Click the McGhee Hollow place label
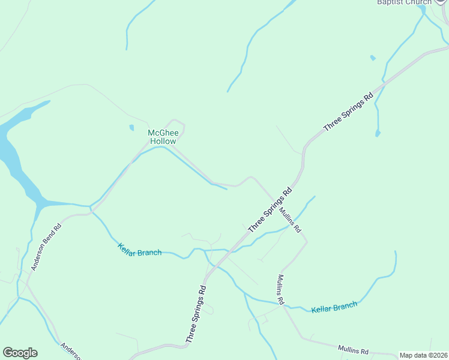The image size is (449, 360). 163,137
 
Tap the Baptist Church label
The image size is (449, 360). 404,2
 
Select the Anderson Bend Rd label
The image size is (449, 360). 47,247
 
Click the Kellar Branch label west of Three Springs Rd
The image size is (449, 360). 140,250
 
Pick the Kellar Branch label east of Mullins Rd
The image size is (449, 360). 334,307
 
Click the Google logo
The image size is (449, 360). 20,353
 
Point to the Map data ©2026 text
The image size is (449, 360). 424,355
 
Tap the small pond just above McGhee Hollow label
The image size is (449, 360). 131,127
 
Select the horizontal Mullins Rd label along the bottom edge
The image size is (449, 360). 352,349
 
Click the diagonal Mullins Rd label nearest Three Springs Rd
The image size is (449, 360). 290,221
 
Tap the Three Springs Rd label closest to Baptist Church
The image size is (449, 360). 348,112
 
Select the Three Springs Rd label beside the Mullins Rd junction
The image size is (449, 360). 270,209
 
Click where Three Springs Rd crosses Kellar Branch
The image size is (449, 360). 231,250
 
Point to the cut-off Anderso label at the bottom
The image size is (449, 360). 71,351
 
